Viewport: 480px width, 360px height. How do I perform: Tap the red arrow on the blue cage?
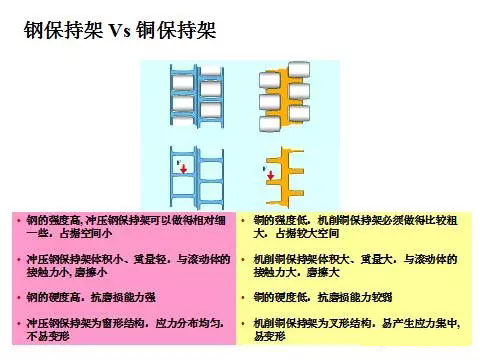click(x=184, y=170)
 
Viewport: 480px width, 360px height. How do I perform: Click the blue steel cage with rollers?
click(x=194, y=102)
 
